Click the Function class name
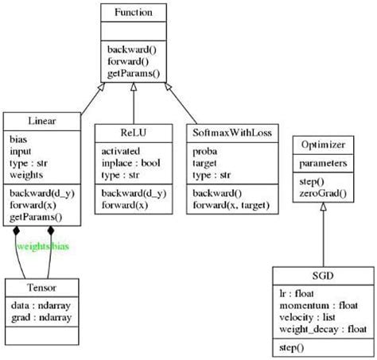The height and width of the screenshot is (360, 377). pyautogui.click(x=133, y=13)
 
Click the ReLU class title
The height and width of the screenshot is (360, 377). pyautogui.click(x=132, y=133)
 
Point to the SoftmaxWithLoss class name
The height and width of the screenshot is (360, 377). pyautogui.click(x=233, y=133)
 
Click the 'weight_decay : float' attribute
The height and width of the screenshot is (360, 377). pyautogui.click(x=322, y=329)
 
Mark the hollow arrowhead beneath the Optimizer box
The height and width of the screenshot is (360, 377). pyautogui.click(x=323, y=207)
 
